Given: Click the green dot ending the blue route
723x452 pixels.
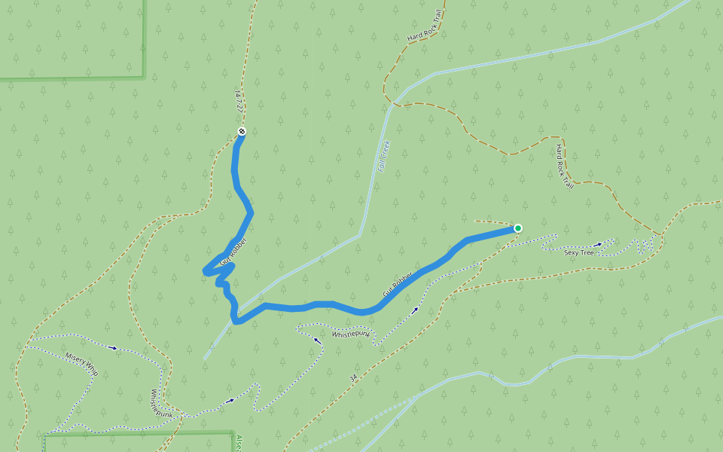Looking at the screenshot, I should click(x=518, y=228).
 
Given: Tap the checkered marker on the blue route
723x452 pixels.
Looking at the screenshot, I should click(x=242, y=132).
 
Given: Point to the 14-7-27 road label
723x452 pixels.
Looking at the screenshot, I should click(x=239, y=102).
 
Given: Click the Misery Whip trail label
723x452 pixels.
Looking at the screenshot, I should click(x=81, y=364).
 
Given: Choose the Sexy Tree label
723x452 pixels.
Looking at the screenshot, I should click(x=579, y=253).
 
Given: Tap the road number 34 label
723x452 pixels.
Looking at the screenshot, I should click(x=352, y=376).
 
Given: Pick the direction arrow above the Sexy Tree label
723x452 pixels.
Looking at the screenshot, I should click(x=599, y=244).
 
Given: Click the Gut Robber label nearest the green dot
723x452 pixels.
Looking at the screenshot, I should click(x=398, y=283).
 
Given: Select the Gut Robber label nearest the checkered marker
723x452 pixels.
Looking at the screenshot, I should click(x=233, y=253).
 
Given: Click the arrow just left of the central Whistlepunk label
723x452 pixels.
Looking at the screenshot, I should click(x=317, y=341).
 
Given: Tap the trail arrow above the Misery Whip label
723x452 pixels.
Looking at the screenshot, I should click(x=114, y=348).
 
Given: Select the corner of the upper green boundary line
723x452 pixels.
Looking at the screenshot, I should click(x=143, y=77).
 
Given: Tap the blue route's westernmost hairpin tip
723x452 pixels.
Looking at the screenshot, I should click(x=205, y=270).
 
